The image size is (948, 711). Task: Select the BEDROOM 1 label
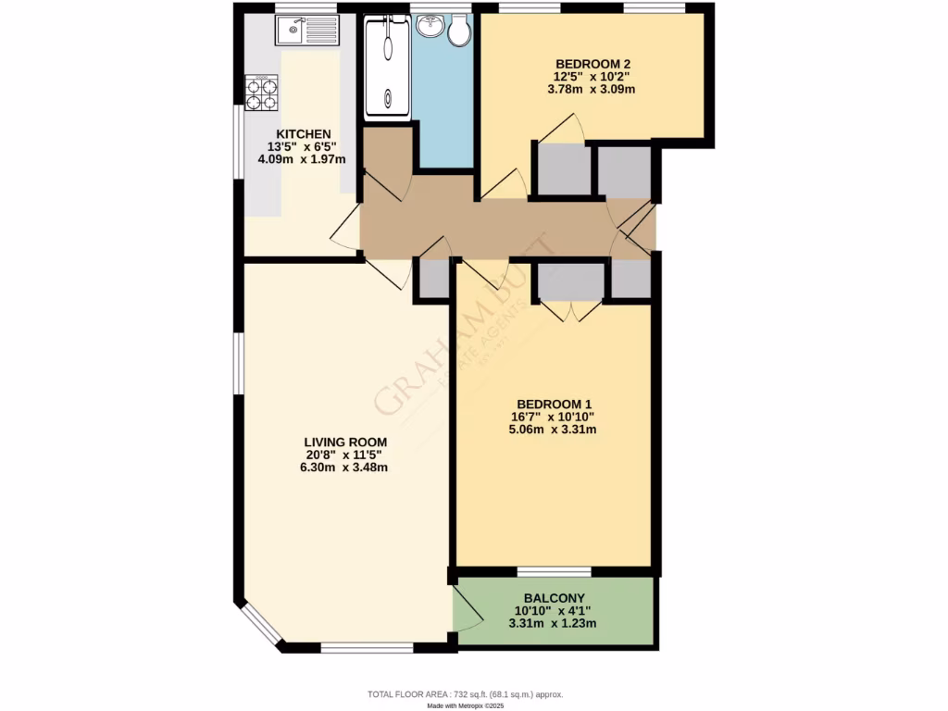555,404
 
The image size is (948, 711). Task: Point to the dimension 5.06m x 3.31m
555,429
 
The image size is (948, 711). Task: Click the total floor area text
465,693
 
